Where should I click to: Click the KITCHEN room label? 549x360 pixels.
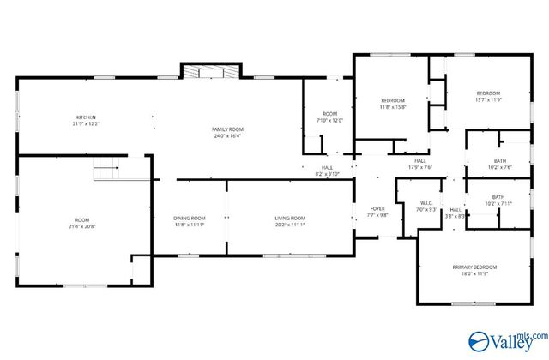(x=85, y=117)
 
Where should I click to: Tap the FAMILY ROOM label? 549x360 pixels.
(x=227, y=129)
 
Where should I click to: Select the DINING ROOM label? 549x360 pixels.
(x=190, y=219)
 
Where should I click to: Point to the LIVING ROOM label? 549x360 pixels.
(x=290, y=219)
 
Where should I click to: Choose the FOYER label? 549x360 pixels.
(x=377, y=209)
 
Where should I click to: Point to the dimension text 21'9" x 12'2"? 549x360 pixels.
(x=85, y=123)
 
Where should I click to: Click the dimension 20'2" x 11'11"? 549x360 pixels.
(x=290, y=225)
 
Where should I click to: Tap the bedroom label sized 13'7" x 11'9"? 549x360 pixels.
(x=488, y=93)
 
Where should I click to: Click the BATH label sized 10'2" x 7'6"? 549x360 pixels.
(x=499, y=161)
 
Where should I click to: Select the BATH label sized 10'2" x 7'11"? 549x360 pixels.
(x=498, y=197)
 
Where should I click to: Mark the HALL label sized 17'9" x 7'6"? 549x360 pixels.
(x=420, y=161)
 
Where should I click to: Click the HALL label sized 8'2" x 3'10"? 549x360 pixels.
(x=327, y=168)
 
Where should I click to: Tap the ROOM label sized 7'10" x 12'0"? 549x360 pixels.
(x=330, y=115)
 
